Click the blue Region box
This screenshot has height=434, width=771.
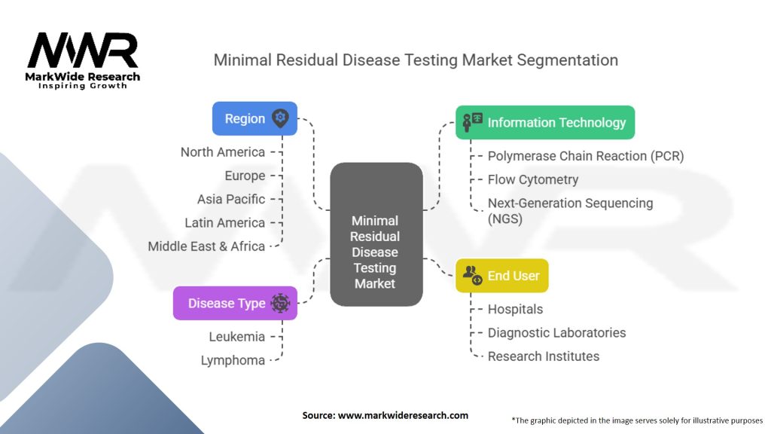click(254, 118)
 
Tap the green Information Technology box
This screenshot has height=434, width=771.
click(545, 123)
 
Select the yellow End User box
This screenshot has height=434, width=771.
click(502, 276)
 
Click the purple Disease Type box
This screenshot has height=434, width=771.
click(235, 303)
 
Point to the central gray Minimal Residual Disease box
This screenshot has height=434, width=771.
click(376, 234)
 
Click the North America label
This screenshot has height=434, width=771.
click(223, 152)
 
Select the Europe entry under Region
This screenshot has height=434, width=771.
click(245, 176)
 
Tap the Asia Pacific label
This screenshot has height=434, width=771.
click(231, 199)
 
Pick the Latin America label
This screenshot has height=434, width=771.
click(224, 223)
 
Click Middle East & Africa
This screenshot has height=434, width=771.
click(206, 246)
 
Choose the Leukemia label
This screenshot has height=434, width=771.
click(237, 337)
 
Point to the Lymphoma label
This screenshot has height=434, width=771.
click(233, 361)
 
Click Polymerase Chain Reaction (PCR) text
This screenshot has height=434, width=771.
click(586, 156)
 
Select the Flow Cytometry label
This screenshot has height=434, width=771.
click(533, 179)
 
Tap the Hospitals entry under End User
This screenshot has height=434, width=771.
click(515, 310)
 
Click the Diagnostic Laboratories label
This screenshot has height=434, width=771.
click(556, 333)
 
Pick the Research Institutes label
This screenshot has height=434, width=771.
click(544, 356)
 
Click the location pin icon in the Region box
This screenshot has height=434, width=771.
click(280, 118)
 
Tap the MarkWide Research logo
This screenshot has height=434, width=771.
click(83, 60)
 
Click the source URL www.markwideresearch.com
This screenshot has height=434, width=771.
click(403, 415)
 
